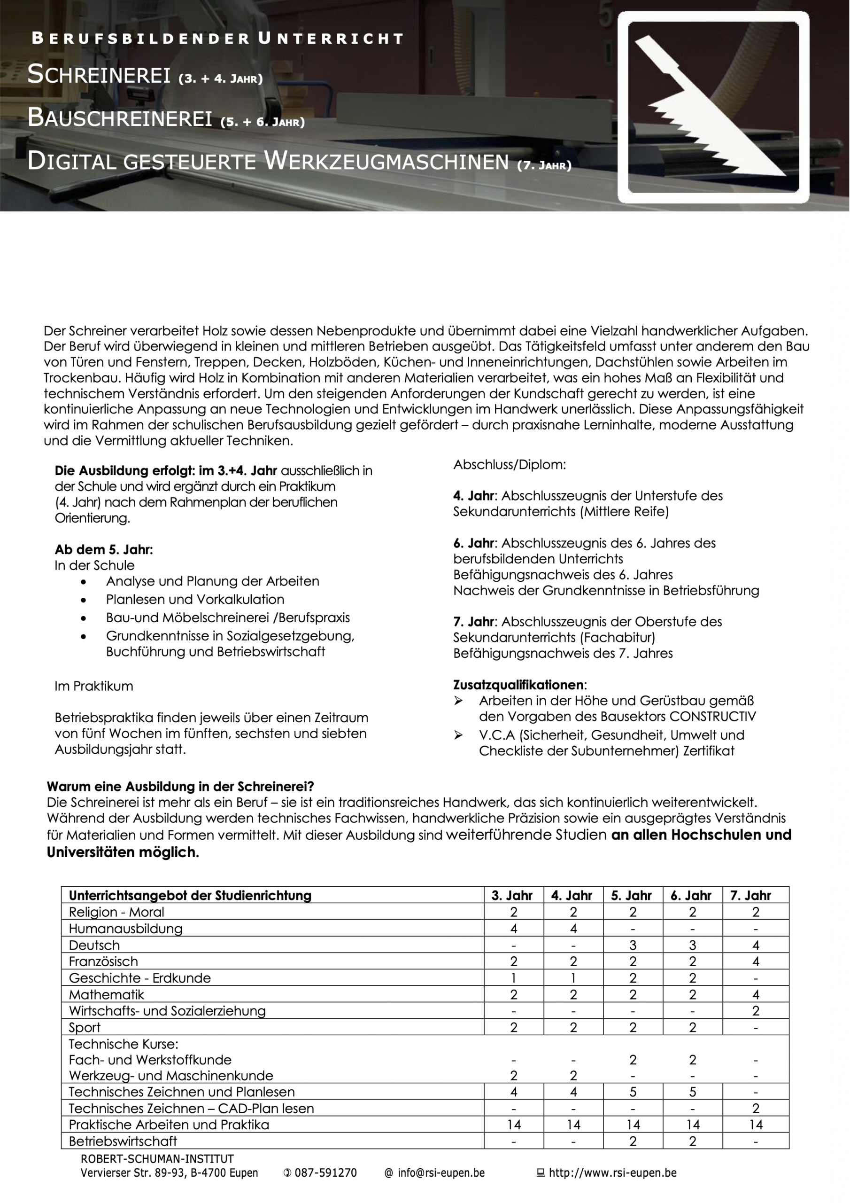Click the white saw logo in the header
point(713,108)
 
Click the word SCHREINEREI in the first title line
point(99,74)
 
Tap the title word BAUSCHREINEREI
point(120,117)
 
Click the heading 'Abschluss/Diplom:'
point(509,465)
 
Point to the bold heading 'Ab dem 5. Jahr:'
point(104,550)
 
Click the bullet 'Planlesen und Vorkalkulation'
point(195,600)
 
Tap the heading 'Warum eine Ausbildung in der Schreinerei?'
point(180,787)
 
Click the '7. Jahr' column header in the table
point(750,896)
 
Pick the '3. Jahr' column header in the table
point(512,896)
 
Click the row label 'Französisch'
point(103,961)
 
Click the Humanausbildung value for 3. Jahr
point(514,929)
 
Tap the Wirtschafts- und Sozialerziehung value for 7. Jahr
point(755,1011)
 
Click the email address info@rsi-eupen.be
point(440,1173)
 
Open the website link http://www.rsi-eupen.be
point(612,1173)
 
